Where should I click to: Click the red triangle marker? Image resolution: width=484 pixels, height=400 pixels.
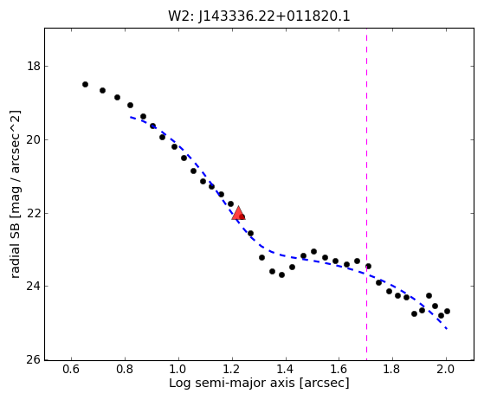point(238,213)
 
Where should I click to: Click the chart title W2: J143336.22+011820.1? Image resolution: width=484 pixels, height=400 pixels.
point(259,16)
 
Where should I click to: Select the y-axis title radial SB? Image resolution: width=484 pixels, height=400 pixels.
point(15,195)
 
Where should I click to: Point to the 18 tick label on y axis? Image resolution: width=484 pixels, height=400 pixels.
point(34,66)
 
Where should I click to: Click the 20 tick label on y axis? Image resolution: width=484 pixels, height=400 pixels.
point(34,139)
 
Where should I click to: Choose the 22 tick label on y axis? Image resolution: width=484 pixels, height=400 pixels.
point(34,213)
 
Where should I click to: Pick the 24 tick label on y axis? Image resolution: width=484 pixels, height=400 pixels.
point(34,286)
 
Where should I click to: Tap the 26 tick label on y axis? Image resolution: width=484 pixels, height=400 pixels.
point(34,359)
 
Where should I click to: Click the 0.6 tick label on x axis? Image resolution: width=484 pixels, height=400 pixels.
point(71,369)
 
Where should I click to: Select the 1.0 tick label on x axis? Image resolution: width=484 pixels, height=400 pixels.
point(178,369)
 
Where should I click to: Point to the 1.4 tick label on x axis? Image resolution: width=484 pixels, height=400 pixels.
point(286,369)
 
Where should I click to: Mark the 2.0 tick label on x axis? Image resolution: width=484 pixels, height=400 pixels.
point(446,369)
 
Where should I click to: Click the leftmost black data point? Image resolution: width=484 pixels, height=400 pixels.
point(85,84)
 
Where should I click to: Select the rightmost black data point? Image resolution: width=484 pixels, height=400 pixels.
point(447,311)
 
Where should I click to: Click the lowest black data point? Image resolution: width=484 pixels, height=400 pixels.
point(441,315)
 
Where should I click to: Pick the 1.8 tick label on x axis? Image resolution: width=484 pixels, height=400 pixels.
point(392,369)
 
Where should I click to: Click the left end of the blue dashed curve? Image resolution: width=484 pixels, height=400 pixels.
point(130,117)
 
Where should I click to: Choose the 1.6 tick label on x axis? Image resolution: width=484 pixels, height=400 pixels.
point(339,369)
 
